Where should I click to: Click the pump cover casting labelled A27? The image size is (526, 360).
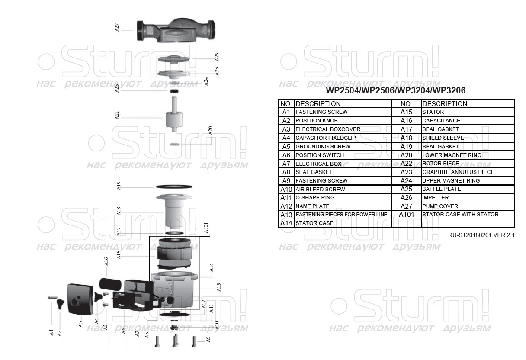pyautogui.click(x=176, y=31)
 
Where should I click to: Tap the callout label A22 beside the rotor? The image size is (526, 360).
pyautogui.click(x=117, y=115)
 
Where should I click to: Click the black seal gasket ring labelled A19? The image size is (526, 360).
pyautogui.click(x=174, y=186)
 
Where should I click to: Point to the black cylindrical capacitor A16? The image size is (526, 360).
pyautogui.click(x=110, y=284)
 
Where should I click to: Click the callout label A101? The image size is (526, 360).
pyautogui.click(x=206, y=228)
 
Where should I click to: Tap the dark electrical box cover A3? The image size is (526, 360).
pyautogui.click(x=80, y=299)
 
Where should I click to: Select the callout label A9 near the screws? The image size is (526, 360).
pyautogui.click(x=208, y=339)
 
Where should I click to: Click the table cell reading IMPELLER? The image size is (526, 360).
pyautogui.click(x=435, y=198)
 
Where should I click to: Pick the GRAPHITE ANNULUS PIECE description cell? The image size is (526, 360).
pyautogui.click(x=458, y=172)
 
